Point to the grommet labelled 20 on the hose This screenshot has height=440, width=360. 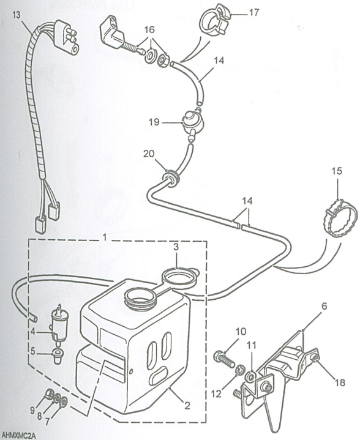168,178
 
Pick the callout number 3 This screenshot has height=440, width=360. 176,248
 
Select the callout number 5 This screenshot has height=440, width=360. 34,352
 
